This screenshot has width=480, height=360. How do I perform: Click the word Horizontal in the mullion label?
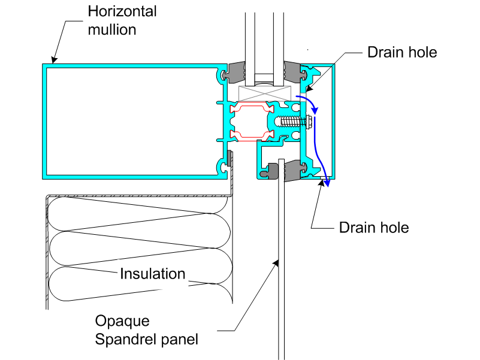(x=122, y=11)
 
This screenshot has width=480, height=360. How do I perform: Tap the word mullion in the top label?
(x=112, y=30)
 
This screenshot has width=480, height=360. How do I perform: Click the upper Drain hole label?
(x=402, y=52)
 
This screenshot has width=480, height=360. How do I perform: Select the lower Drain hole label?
(x=374, y=228)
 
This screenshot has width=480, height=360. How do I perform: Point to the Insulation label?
(x=152, y=274)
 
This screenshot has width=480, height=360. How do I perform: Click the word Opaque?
(x=122, y=322)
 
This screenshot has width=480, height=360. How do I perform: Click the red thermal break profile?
(x=252, y=122)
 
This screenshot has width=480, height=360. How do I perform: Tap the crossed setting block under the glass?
(x=264, y=93)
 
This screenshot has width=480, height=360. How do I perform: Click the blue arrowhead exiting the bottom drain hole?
(x=327, y=183)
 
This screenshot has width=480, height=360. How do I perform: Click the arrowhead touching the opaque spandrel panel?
(x=276, y=263)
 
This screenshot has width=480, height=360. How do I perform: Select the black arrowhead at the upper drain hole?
(x=309, y=89)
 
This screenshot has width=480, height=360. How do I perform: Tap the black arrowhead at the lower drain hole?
(x=321, y=183)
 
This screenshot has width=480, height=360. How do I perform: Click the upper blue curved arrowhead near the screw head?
(x=315, y=111)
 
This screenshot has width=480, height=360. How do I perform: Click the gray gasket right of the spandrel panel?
(x=293, y=171)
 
